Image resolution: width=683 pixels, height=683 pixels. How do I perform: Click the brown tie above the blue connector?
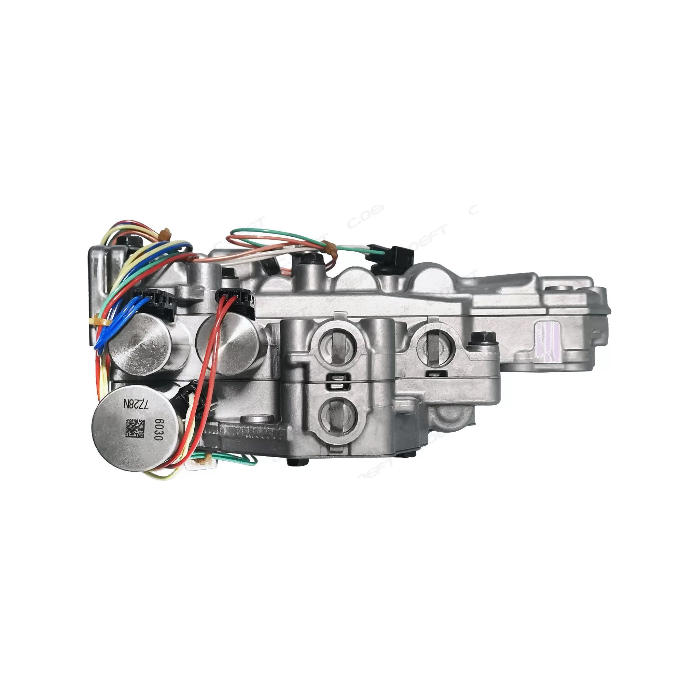[163, 233]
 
